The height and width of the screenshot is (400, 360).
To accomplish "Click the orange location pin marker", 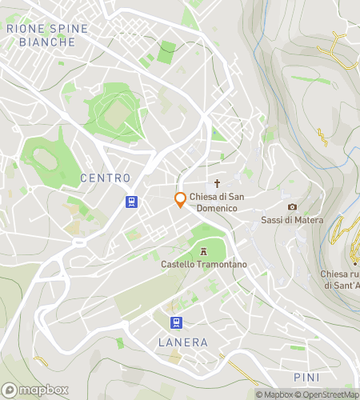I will [x=181, y=200].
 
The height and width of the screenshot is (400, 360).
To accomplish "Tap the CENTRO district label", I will [x=105, y=177].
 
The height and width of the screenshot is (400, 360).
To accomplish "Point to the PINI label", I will [x=306, y=377].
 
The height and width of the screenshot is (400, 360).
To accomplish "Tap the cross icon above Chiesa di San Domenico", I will [x=216, y=183].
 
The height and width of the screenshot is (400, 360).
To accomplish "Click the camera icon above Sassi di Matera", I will [x=292, y=207].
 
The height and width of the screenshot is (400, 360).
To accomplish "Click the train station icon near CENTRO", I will [x=130, y=202].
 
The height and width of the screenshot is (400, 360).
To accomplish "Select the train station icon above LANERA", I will [x=174, y=322].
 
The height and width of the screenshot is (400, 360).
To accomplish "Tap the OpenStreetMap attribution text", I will [x=328, y=394].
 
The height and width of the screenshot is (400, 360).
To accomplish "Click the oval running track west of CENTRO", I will [x=46, y=160].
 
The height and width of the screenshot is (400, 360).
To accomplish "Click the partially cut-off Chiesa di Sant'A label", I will [x=339, y=279].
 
